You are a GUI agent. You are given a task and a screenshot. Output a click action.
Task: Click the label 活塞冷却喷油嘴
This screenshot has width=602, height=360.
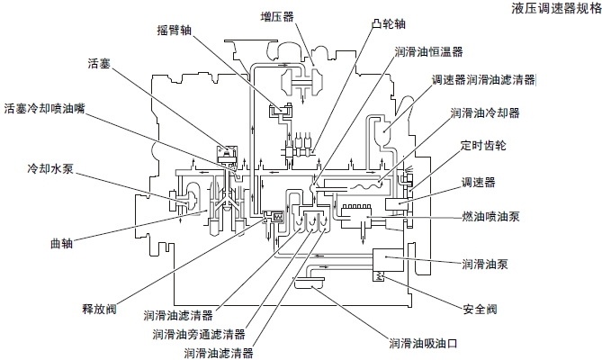click(x=44, y=106)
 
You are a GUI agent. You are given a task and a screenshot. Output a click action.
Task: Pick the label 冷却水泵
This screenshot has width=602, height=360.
click(x=44, y=168)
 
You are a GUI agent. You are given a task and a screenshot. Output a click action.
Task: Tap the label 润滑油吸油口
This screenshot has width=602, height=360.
click(x=424, y=343)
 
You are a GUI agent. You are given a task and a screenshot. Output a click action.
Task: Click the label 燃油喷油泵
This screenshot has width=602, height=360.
click(x=490, y=216)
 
